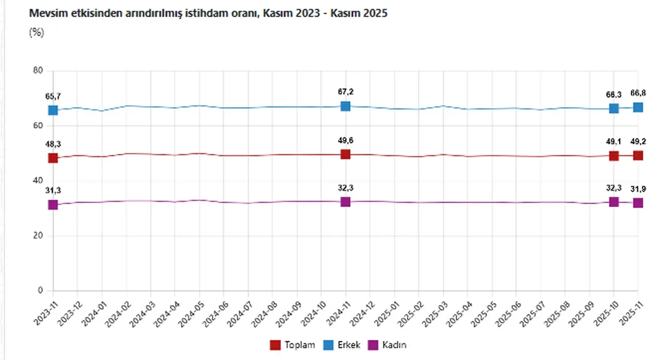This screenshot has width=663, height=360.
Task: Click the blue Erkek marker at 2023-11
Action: [x=53, y=110]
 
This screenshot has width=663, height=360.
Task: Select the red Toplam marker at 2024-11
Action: [x=345, y=154]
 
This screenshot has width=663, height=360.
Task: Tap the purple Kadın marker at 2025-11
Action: [x=638, y=203]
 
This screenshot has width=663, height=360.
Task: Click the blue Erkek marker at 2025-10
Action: [x=614, y=108]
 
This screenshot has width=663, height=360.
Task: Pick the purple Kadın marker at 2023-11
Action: [x=53, y=205]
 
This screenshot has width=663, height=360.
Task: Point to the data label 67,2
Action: [x=345, y=92]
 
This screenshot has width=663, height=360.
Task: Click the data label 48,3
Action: [x=53, y=144]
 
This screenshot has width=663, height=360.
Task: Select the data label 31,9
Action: [x=638, y=189]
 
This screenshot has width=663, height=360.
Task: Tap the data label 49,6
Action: [x=345, y=140]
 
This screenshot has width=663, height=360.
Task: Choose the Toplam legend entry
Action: [x=293, y=345]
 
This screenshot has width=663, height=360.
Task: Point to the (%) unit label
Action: [x=37, y=32]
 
